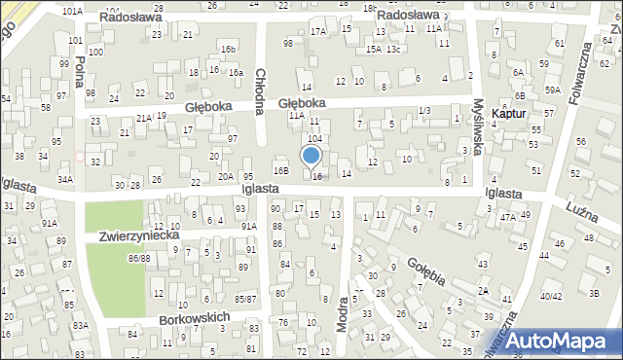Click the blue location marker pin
point(311,156)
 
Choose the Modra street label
point(342,313)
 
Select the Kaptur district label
point(510,114)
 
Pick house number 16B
point(280,171)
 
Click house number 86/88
point(139,258)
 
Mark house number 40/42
point(551,296)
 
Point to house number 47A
point(508,218)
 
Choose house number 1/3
point(423,111)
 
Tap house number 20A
point(225,176)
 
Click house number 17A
point(318,32)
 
